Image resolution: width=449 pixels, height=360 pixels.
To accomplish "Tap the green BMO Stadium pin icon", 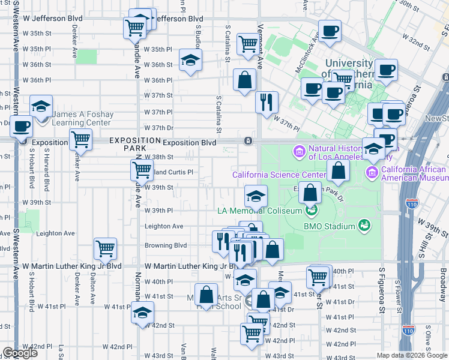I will [x=364, y=226].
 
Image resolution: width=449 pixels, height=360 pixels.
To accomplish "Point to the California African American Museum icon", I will [x=372, y=173].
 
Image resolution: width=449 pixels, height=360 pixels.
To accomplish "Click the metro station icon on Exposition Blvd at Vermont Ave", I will [x=247, y=141].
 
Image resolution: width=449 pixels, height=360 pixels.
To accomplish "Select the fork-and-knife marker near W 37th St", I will [x=267, y=101].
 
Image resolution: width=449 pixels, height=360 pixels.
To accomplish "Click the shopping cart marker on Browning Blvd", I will [x=105, y=247].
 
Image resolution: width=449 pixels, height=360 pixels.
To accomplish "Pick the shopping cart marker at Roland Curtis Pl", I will [x=142, y=169].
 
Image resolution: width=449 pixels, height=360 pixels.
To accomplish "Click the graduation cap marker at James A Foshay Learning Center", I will [x=41, y=106].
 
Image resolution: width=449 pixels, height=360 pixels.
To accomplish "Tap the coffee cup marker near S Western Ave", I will [x=22, y=127].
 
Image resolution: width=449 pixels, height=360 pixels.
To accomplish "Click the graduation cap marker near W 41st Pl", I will [x=143, y=312].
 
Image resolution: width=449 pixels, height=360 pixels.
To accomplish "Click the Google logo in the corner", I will [x=20, y=353].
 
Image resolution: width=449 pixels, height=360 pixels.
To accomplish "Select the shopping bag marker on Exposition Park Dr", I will [x=310, y=193].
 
